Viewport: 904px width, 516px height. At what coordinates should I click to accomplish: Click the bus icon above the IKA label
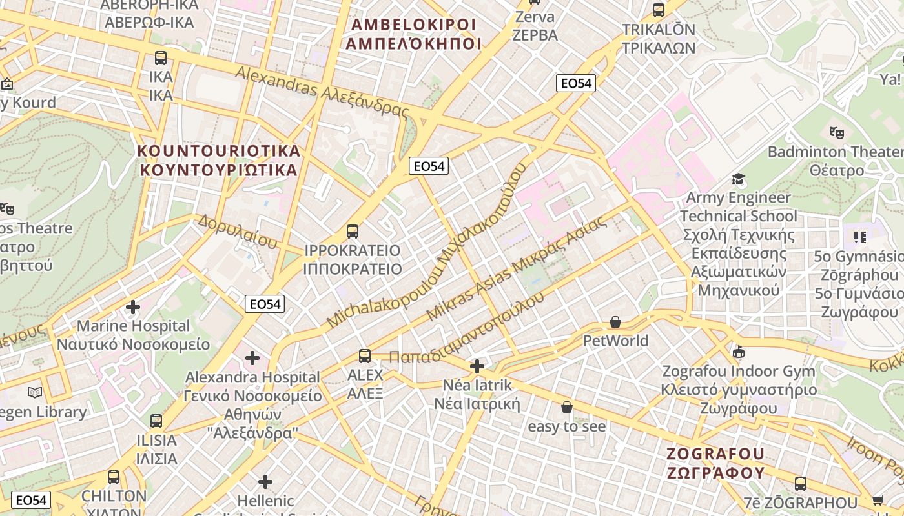[x=161, y=58]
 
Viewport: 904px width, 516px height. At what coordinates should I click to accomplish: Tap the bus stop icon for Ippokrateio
[x=352, y=231]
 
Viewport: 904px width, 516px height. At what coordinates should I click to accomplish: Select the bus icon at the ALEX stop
[x=365, y=355]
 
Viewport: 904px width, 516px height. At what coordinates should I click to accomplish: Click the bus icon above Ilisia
[x=156, y=421]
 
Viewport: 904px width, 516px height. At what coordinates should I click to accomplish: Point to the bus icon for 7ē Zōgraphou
[x=801, y=483]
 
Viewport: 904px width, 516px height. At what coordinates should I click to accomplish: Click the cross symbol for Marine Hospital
[x=133, y=307]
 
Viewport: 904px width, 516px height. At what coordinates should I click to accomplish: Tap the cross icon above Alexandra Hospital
[x=252, y=357]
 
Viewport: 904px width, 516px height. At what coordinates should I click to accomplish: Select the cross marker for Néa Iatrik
[x=477, y=366]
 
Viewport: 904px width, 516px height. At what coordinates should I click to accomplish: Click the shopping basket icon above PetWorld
[x=615, y=321]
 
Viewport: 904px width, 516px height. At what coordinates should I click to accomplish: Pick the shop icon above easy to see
[x=567, y=407]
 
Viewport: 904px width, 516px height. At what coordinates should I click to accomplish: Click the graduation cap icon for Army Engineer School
[x=738, y=179]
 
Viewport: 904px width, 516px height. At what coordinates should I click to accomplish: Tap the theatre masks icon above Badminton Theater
[x=837, y=133]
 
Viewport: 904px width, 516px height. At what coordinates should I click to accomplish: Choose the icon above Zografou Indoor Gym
[x=739, y=352]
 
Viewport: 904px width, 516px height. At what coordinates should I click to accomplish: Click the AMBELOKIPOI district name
[x=413, y=34]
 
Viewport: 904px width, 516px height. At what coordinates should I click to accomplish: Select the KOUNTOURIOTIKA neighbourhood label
[x=220, y=161]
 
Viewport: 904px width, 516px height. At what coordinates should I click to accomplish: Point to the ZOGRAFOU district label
[x=715, y=463]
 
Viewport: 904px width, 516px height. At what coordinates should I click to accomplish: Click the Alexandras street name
[x=322, y=92]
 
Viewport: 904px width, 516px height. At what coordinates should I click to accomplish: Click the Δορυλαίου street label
[x=238, y=232]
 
